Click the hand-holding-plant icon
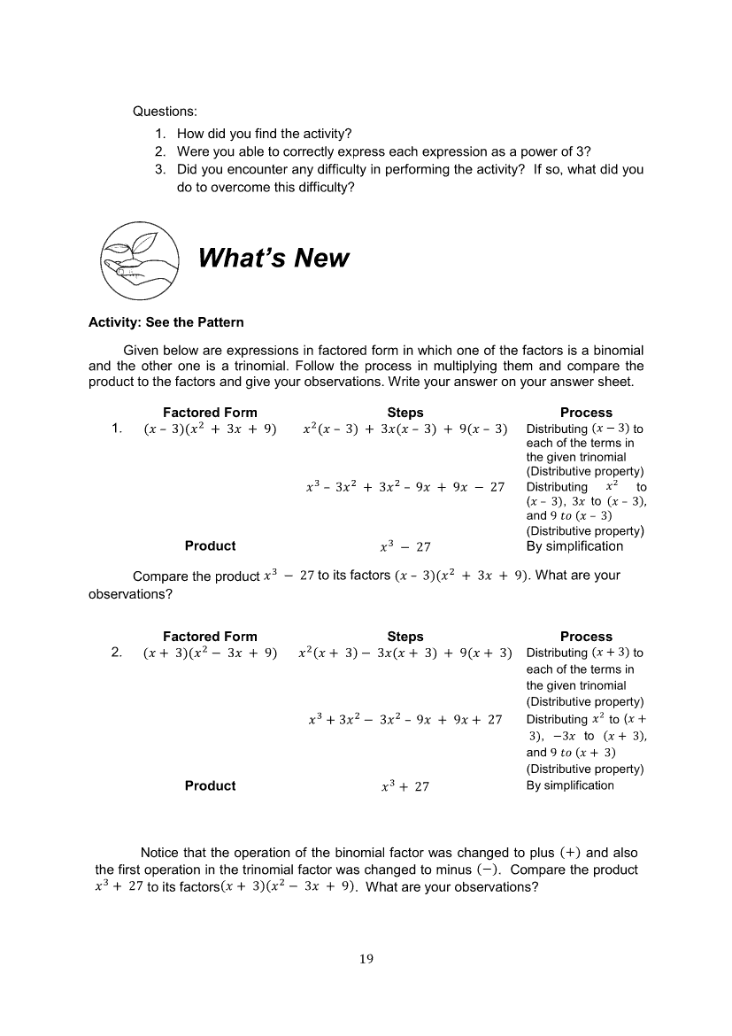(x=137, y=259)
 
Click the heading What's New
(x=274, y=259)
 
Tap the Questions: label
(x=165, y=112)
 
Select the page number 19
(x=366, y=959)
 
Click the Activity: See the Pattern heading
(x=166, y=321)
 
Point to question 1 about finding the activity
(x=264, y=135)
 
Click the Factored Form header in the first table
(x=210, y=413)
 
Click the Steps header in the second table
(x=405, y=637)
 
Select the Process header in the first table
(x=586, y=413)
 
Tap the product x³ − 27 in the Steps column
(x=405, y=547)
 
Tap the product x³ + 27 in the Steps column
(x=405, y=786)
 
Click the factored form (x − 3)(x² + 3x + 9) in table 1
(x=210, y=429)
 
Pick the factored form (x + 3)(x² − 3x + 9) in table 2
(x=210, y=653)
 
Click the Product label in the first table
(x=210, y=546)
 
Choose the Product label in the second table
(x=210, y=785)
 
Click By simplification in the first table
(x=574, y=546)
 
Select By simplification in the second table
(x=570, y=785)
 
